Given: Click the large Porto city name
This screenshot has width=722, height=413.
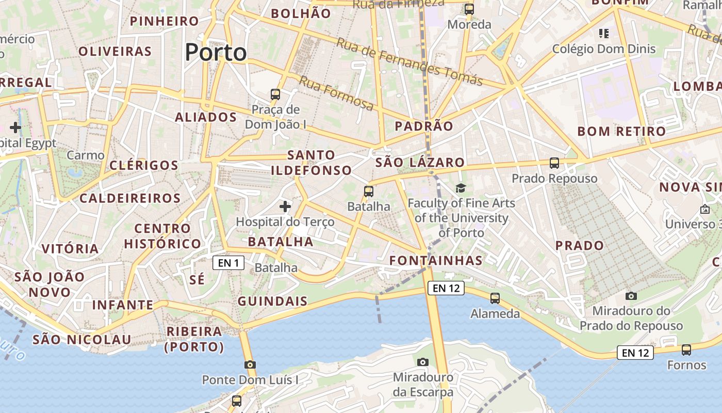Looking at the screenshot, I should [216, 52].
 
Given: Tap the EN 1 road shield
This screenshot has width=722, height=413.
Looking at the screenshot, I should [228, 263].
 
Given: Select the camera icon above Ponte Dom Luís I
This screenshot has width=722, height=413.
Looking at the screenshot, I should [250, 364].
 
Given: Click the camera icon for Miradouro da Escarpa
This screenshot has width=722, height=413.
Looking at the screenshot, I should [423, 362].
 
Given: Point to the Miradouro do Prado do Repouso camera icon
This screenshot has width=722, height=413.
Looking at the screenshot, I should [631, 296].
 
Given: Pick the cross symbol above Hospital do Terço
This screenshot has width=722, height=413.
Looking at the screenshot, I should [285, 206].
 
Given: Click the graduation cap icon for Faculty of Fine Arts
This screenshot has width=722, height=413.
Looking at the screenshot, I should [461, 188].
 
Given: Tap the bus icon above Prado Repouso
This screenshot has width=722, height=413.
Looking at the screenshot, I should [554, 163].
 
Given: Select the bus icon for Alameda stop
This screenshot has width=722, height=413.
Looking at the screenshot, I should [495, 298].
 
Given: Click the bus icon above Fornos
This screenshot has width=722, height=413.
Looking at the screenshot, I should [686, 350].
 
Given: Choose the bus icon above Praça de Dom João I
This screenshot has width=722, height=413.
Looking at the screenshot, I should [275, 94].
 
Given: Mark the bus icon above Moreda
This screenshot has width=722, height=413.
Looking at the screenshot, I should [469, 9].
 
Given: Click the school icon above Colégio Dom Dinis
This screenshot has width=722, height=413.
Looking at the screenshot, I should [604, 34].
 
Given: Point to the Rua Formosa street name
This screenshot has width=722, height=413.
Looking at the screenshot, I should [336, 93].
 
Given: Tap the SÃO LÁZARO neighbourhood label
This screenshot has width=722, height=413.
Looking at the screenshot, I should [420, 163].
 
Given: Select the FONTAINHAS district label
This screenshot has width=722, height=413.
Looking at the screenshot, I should [436, 260].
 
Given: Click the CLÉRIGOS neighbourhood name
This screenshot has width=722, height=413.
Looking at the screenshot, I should [144, 165].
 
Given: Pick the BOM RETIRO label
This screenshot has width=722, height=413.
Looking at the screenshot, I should [621, 131].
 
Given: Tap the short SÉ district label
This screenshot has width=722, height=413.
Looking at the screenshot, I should [197, 280].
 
